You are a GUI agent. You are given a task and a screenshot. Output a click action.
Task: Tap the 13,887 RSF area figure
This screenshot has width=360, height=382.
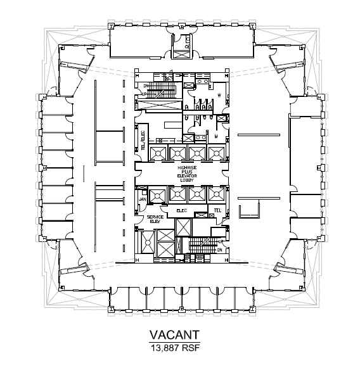coord(175,348)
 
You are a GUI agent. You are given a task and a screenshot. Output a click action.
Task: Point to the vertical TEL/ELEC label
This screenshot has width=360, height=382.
coord(143,141)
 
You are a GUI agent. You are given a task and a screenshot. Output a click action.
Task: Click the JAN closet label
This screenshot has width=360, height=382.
coord(143,199)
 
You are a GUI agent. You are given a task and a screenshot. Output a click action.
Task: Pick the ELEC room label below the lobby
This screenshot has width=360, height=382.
coord(179,209)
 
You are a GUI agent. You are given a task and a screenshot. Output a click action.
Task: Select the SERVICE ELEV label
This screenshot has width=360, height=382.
coord(155,219)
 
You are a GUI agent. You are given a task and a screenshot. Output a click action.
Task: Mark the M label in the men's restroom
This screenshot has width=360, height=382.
coord(215,135)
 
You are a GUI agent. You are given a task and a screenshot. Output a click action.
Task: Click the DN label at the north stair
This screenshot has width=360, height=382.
coord(145,86)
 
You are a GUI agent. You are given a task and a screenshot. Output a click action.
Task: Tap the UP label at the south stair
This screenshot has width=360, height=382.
coord(220,241)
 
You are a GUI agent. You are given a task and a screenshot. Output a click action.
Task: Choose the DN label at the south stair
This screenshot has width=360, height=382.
coord(220,251)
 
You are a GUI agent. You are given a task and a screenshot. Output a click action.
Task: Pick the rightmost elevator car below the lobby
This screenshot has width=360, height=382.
coord(216,193)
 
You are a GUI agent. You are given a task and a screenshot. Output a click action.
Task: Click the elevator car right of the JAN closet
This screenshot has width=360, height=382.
coord(158,193)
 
